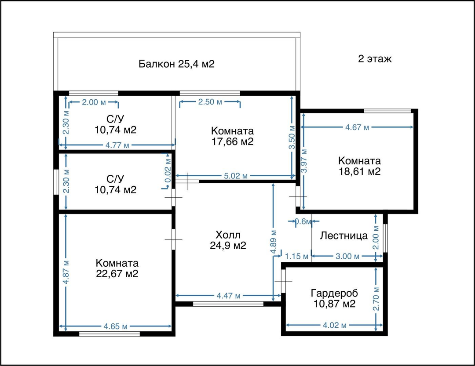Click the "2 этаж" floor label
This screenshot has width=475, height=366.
pyautogui.click(x=375, y=58)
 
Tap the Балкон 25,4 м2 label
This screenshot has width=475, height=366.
pyautogui.click(x=177, y=64)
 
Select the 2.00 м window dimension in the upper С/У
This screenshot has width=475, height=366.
pyautogui.click(x=94, y=102)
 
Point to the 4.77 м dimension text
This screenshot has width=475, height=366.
pyautogui.click(x=117, y=145)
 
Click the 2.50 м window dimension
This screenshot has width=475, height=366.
pyautogui.click(x=210, y=102)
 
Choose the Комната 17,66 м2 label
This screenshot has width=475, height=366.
pyautogui.click(x=232, y=136)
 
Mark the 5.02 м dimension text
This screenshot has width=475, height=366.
pyautogui.click(x=236, y=176)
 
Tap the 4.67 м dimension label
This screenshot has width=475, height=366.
pyautogui.click(x=357, y=127)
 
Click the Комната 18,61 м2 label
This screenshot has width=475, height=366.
pyautogui.click(x=360, y=166)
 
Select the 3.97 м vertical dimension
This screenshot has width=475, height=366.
pyautogui.click(x=304, y=161)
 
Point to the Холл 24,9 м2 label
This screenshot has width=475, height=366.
pyautogui.click(x=228, y=240)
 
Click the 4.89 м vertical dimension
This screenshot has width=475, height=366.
pyautogui.click(x=273, y=242)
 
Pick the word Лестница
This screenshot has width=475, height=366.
pyautogui.click(x=344, y=236)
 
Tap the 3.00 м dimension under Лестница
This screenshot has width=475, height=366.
pyautogui.click(x=347, y=257)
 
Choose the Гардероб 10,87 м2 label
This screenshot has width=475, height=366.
pyautogui.click(x=334, y=298)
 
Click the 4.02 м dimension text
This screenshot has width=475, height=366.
pyautogui.click(x=334, y=326)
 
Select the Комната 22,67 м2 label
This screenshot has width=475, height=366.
pyautogui.click(x=117, y=268)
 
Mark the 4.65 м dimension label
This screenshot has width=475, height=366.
pyautogui.click(x=115, y=326)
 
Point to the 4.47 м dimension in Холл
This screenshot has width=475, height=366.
pyautogui.click(x=228, y=295)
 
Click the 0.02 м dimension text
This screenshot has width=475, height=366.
pyautogui.click(x=168, y=170)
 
